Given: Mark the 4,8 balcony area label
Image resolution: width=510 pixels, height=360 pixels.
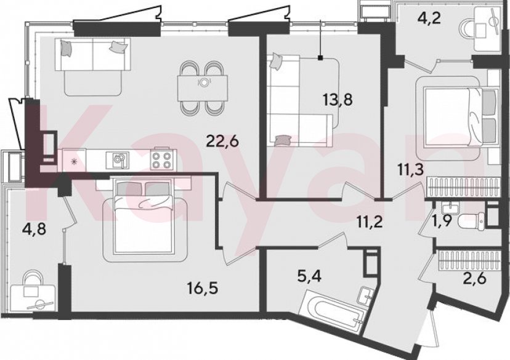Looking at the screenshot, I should pos(34,230).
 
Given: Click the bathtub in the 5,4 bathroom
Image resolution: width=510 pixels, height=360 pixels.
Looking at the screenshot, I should pos(330,310).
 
